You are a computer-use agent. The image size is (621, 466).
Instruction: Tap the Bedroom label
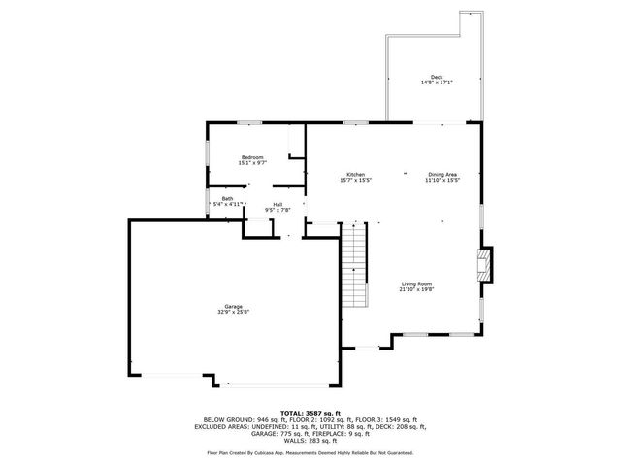pos(254,156)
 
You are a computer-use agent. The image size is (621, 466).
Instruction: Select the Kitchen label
pos(356,175)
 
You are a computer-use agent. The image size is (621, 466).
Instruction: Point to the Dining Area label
pos(441,175)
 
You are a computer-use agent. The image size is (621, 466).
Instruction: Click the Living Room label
pos(417,283)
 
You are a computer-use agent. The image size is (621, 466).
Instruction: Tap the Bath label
pos(227,198)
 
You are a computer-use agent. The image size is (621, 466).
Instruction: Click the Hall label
pos(278,204)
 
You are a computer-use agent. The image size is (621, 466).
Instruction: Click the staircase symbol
pos(356,263)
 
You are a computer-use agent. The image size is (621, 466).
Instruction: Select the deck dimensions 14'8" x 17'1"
pos(438,83)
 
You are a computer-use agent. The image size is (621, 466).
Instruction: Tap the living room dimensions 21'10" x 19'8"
pos(417,289)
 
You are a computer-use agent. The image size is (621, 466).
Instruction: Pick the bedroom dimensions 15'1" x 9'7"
pos(254,162)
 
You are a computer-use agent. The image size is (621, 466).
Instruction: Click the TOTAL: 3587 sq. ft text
pos(310,413)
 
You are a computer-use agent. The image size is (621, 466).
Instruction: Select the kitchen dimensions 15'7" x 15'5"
pos(356,181)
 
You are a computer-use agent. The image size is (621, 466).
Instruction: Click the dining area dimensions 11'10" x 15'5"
pos(441,181)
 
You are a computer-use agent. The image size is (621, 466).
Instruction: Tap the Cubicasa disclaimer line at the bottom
pos(310,452)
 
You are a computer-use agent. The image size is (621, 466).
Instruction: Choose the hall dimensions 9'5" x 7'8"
pos(278,210)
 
